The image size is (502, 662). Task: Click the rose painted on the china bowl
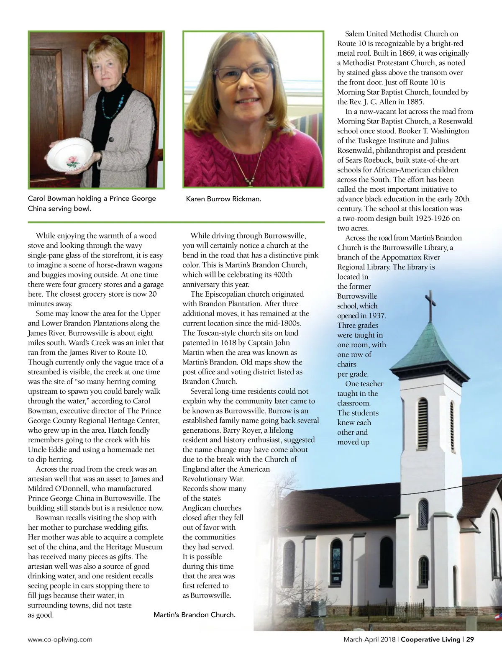tap(72, 162)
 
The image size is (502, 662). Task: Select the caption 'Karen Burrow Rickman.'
tap(223, 199)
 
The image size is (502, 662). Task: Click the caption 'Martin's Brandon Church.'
tap(194, 615)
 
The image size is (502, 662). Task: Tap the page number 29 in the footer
tap(470, 639)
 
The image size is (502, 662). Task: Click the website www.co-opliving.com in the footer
tap(60, 639)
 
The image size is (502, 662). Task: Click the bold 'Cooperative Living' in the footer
tap(430, 639)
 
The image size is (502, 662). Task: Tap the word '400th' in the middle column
tap(282, 275)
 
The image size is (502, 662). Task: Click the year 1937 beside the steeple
tap(377, 316)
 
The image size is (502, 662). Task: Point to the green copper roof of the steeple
tap(427, 347)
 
